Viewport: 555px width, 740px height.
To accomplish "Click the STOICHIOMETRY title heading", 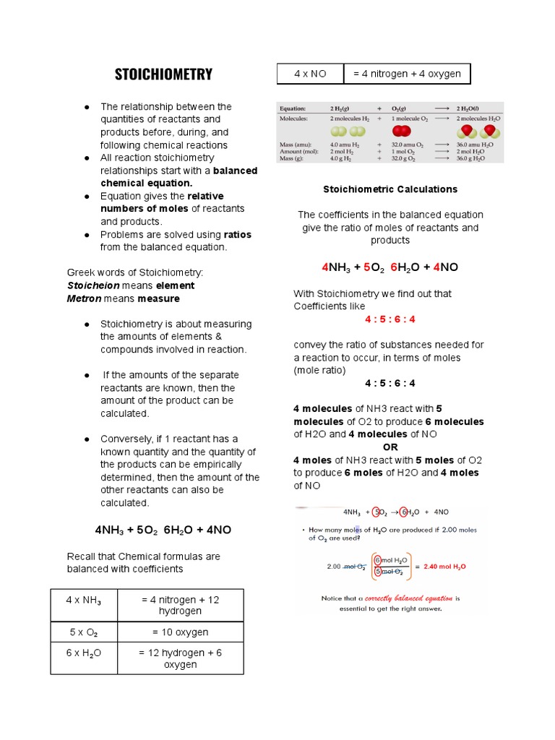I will pos(163,74).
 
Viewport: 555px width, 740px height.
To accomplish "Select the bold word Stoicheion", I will pos(92,285).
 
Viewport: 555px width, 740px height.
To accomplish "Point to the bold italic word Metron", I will pos(84,298).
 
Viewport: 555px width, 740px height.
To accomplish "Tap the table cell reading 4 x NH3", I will pos(84,601).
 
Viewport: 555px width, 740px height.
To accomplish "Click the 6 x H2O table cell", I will pos(84,653).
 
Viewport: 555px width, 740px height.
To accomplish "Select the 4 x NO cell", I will pos(311,74).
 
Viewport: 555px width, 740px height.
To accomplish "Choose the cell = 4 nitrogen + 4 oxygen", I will pos(406,74).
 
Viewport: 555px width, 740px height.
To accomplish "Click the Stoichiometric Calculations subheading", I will pos(390,189).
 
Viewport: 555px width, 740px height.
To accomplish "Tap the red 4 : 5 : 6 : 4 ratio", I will pos(390,319).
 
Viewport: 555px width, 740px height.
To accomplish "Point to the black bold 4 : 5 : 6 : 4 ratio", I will pos(390,383).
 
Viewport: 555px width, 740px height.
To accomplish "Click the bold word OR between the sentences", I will pos(390,447).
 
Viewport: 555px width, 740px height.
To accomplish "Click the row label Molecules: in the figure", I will pos(295,117).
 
